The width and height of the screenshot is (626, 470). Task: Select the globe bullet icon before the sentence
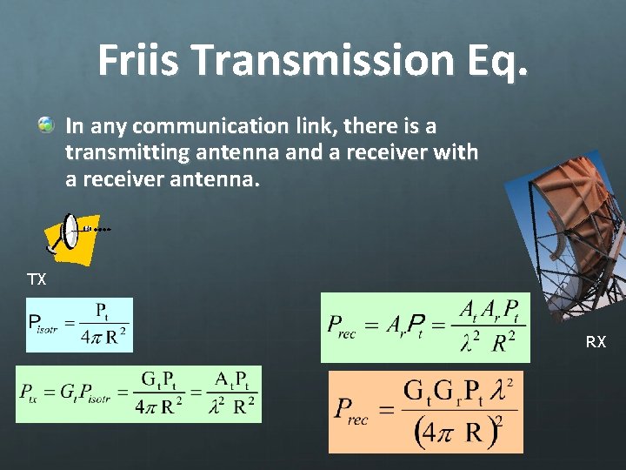46,127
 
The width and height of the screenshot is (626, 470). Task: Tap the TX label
37,280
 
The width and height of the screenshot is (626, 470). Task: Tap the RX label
596,343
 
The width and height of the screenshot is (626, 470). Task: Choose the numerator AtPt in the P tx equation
232,380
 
